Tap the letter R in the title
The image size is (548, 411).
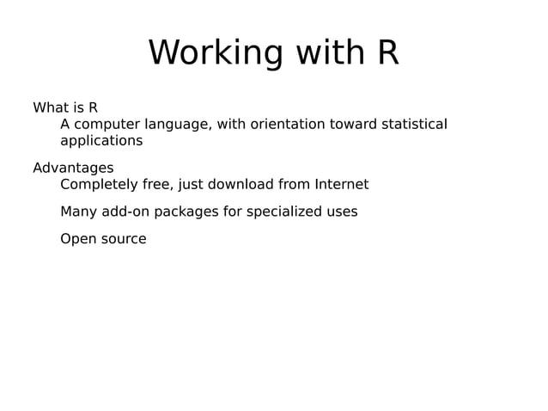pos(387,53)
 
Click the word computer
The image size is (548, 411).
pos(110,125)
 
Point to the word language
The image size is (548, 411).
pos(180,125)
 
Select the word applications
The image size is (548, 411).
pos(101,141)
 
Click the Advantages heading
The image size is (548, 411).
pos(73,168)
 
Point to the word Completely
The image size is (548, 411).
pos(97,184)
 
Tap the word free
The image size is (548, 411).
pos(155,184)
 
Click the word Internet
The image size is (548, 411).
pos(341,184)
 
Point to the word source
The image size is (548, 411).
pos(124,239)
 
